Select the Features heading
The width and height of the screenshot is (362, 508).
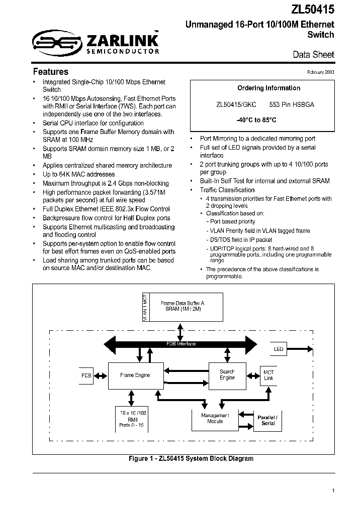(50, 71)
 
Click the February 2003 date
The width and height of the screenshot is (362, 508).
(321, 72)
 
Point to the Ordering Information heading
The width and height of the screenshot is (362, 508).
(261, 88)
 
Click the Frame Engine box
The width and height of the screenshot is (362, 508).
(135, 375)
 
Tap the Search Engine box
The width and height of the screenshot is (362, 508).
(227, 374)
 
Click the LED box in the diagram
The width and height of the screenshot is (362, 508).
(278, 349)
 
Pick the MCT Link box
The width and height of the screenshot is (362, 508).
(269, 375)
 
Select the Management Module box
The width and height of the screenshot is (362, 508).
(215, 418)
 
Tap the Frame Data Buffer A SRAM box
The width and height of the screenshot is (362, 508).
(183, 307)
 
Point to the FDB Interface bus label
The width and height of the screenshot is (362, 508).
(181, 344)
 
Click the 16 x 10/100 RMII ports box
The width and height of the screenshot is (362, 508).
(133, 418)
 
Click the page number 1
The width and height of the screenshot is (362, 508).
(333, 490)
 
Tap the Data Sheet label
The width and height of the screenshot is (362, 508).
(313, 54)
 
